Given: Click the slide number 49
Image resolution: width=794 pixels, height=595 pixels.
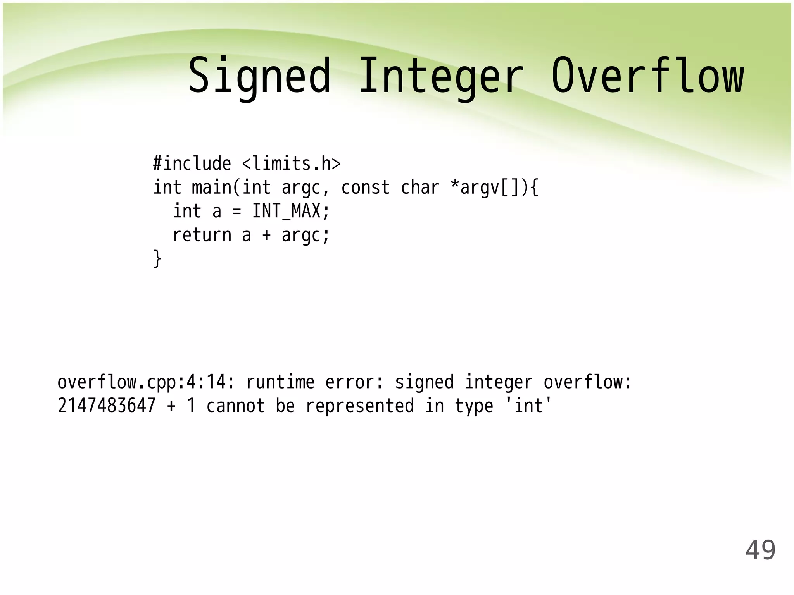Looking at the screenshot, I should click(760, 550).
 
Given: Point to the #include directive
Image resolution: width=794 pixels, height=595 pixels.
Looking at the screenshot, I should click(192, 163).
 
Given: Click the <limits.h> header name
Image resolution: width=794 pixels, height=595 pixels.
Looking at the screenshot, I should click(291, 163).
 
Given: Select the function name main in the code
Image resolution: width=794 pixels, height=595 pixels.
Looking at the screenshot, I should click(212, 187).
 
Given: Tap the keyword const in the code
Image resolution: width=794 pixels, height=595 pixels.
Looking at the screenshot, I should click(365, 187).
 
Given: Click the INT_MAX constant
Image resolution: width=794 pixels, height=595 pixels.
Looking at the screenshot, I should click(286, 212).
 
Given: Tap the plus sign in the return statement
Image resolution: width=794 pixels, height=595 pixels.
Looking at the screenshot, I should click(266, 235).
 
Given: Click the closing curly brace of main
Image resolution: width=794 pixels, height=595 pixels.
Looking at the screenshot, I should click(157, 258).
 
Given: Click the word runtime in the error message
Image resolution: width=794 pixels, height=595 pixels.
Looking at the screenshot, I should click(280, 382).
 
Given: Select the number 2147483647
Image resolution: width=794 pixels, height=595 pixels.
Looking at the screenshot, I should click(107, 406).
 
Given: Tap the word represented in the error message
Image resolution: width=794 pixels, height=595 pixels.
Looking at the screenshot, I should click(360, 406).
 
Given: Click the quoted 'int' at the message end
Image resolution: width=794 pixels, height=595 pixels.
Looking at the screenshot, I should click(528, 405).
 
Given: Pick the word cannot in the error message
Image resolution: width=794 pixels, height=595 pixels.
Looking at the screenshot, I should click(236, 406).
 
